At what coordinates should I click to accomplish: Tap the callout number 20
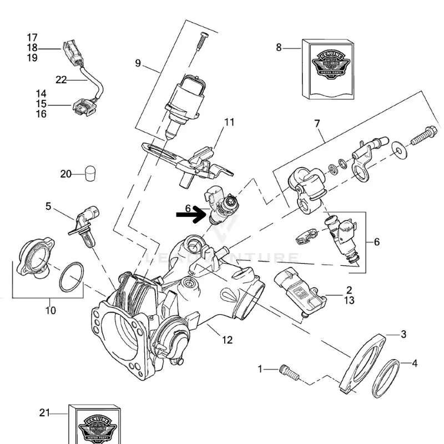(66, 174)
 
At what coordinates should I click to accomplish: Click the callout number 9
(138, 63)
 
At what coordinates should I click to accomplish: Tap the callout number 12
(228, 340)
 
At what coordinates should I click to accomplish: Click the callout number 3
(403, 334)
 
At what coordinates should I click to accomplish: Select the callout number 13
(349, 300)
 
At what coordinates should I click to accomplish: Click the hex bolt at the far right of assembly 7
(422, 134)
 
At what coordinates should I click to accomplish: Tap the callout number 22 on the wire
(61, 80)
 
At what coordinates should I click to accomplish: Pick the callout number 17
(32, 38)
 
